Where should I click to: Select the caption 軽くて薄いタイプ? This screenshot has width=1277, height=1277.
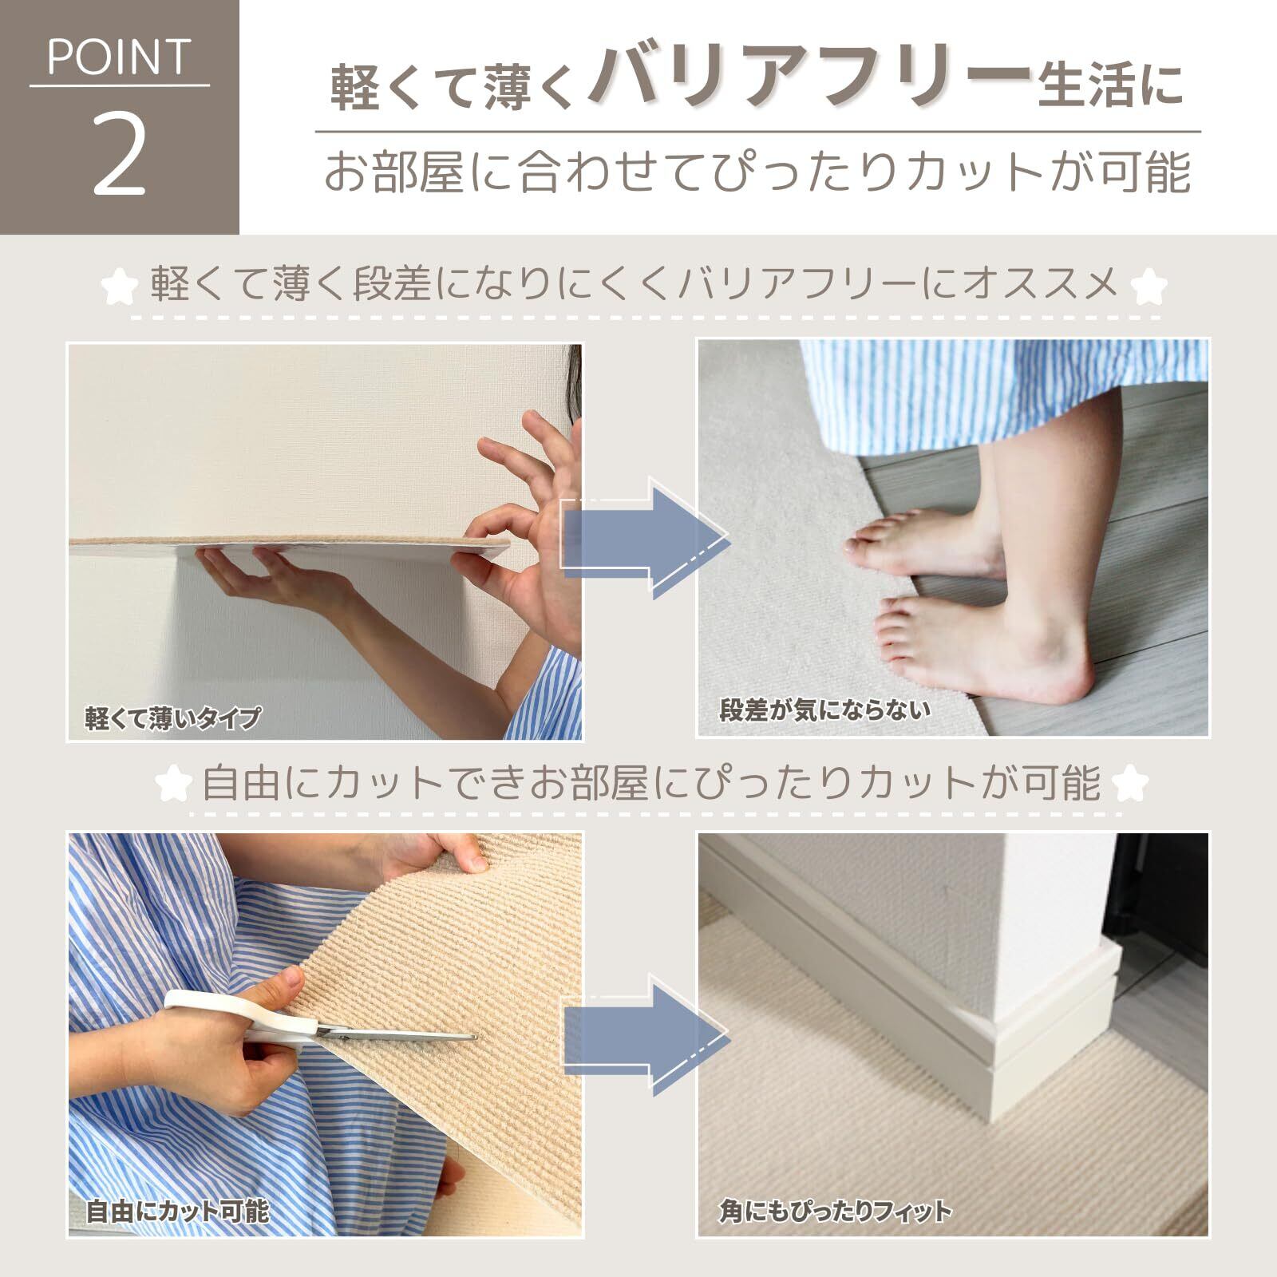(x=172, y=718)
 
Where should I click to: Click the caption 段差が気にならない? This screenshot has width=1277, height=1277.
(x=825, y=709)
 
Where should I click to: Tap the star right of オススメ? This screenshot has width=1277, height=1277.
(x=1151, y=285)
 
